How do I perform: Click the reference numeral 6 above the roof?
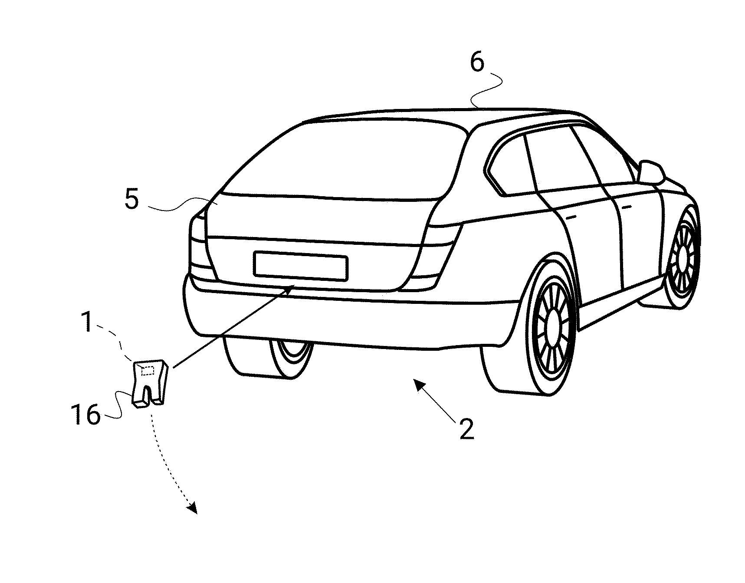(476, 63)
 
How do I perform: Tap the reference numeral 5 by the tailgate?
(131, 200)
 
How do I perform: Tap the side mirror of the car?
(651, 171)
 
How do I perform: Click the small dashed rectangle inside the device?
(148, 370)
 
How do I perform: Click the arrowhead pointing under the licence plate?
(290, 287)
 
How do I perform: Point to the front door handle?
(626, 207)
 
